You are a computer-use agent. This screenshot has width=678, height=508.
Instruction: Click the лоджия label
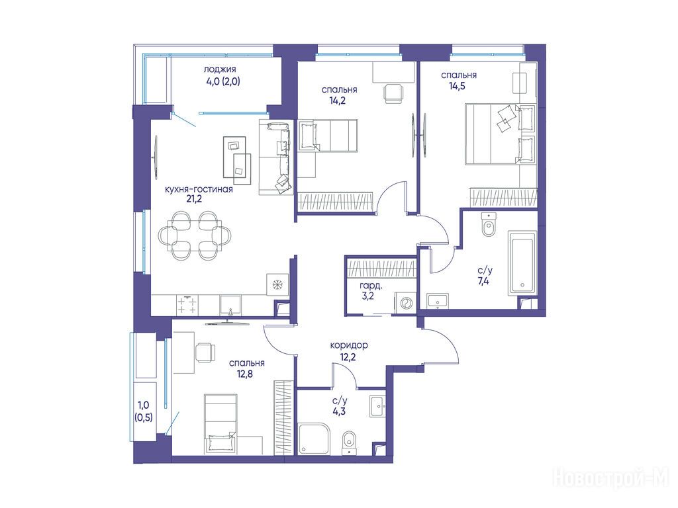[x=220, y=69]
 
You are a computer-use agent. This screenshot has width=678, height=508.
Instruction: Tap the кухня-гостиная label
[x=199, y=189]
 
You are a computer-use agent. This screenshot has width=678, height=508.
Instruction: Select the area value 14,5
[x=457, y=86]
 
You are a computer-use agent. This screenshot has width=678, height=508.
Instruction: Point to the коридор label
[x=349, y=345]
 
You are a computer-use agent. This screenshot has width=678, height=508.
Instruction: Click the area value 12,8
[x=245, y=374]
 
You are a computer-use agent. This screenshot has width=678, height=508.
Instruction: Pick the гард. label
[x=371, y=286]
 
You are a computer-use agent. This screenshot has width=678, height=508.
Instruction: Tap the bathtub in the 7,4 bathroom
[x=522, y=263]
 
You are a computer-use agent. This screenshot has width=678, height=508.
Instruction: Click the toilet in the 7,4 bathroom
[x=489, y=225]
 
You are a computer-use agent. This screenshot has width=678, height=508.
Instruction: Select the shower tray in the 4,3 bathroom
[x=315, y=439]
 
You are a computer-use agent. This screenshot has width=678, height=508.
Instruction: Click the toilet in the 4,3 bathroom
[x=349, y=443]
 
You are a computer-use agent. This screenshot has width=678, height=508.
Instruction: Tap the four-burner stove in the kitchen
[x=187, y=305]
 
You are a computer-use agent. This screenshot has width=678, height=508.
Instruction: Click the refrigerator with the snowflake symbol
[x=277, y=284]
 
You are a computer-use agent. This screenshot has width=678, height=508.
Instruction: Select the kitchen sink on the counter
[x=230, y=306]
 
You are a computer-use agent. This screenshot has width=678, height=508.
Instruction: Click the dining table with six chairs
[x=194, y=235]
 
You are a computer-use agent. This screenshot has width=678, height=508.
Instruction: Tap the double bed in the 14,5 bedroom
[x=500, y=134]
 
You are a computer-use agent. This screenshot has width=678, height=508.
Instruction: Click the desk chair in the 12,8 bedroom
[x=205, y=352]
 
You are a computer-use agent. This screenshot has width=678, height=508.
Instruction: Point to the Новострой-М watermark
[x=610, y=478]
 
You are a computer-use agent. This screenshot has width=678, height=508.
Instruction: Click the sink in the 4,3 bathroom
[x=378, y=406]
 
